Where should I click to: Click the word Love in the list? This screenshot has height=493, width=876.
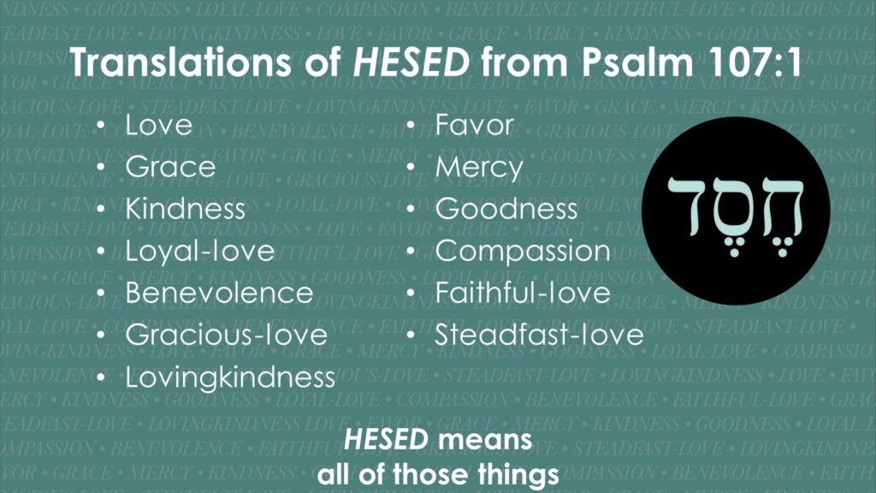(x=158, y=125)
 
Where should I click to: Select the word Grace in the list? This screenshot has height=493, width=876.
(x=170, y=167)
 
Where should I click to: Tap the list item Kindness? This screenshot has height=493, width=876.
(x=186, y=209)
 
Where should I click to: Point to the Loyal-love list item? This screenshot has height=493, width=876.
(x=200, y=252)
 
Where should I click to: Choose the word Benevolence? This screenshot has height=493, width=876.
(x=219, y=293)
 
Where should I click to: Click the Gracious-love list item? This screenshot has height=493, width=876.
(x=226, y=335)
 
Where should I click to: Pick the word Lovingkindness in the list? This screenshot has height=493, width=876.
(x=230, y=377)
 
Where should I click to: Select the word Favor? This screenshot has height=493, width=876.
(x=474, y=125)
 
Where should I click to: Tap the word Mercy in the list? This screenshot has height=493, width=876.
(x=479, y=168)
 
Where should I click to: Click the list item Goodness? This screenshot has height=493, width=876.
(x=506, y=209)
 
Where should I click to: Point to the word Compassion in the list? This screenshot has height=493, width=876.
(x=523, y=252)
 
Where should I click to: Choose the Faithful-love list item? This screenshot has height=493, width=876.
(x=523, y=293)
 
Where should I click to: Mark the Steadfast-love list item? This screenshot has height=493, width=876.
(x=539, y=335)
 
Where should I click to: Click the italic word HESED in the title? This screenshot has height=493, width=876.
(x=411, y=62)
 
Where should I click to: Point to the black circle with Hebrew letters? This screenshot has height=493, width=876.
(x=735, y=211)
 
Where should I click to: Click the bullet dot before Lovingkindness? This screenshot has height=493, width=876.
(x=101, y=377)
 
